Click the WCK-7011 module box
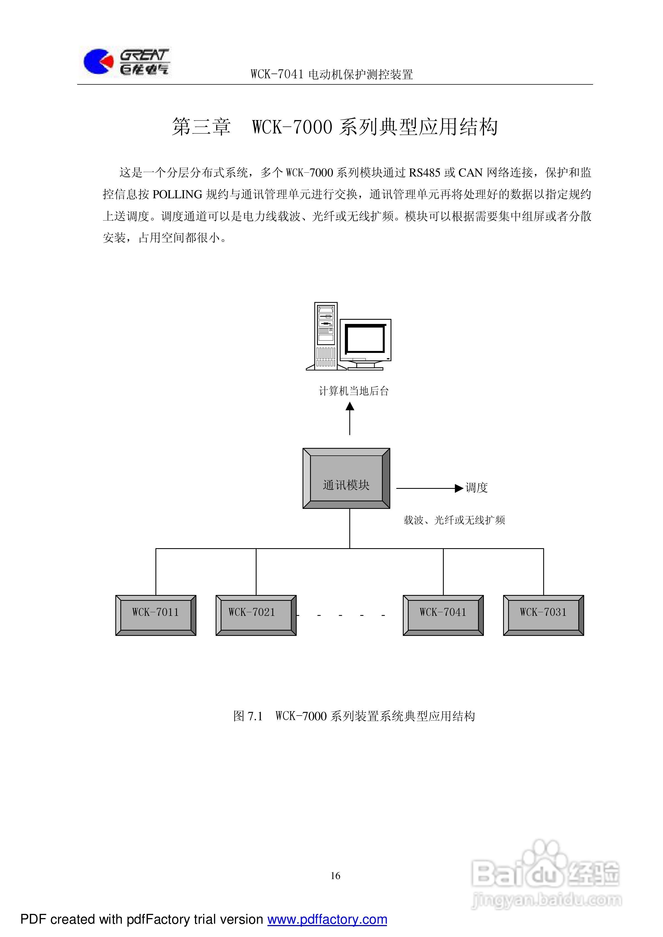click(x=155, y=615)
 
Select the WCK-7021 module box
click(x=256, y=615)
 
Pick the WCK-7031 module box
click(x=543, y=615)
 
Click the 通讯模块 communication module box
click(x=346, y=478)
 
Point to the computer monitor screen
click(x=365, y=339)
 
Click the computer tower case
click(x=326, y=336)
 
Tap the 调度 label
click(x=477, y=488)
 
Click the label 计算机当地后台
click(x=354, y=391)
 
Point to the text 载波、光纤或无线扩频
click(x=454, y=520)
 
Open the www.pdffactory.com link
click(x=327, y=919)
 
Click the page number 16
click(x=335, y=876)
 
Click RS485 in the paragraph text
click(x=424, y=173)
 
